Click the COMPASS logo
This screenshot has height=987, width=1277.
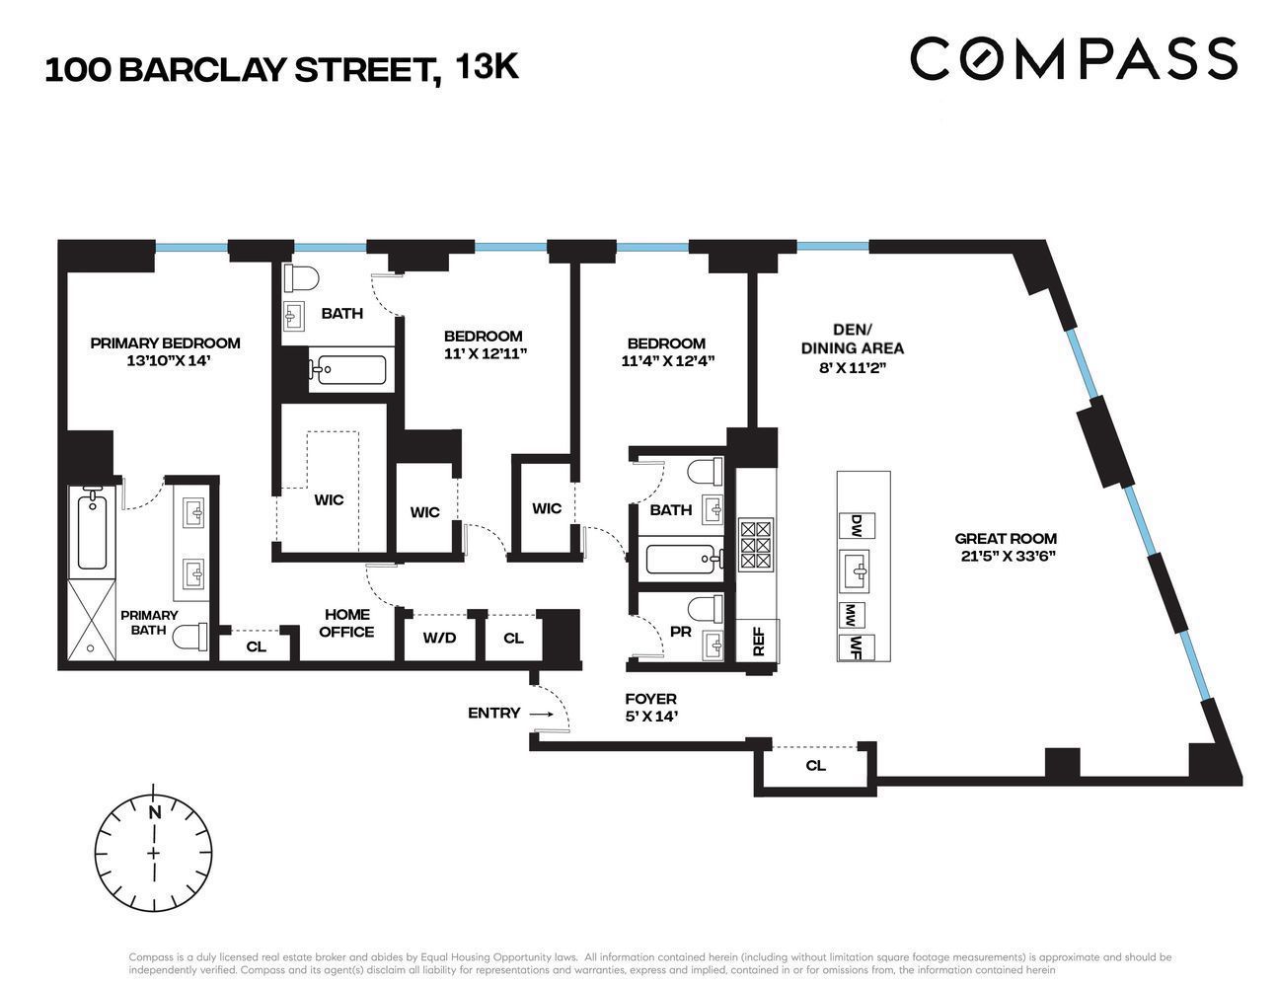[x=1073, y=59]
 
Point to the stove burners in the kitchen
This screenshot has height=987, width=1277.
[x=757, y=543]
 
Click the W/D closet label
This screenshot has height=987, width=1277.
[x=439, y=638]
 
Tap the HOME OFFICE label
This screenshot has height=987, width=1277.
[x=346, y=623]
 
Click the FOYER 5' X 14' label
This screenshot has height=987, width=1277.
[x=650, y=708]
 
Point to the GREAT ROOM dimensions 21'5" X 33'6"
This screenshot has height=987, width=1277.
[x=1006, y=556]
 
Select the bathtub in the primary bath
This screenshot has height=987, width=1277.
[x=92, y=530]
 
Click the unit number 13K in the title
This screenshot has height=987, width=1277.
[x=487, y=67]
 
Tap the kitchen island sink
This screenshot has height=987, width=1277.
[x=857, y=569]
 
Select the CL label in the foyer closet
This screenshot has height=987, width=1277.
[x=815, y=765]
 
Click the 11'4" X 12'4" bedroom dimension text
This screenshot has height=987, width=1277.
[x=667, y=361]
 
